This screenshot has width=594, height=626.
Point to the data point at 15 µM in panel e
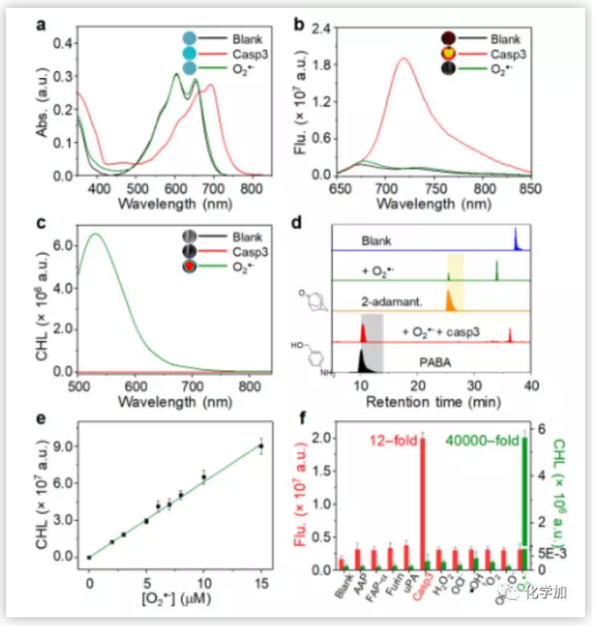pos(260,446)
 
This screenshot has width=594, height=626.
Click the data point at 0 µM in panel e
pos(88,557)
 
